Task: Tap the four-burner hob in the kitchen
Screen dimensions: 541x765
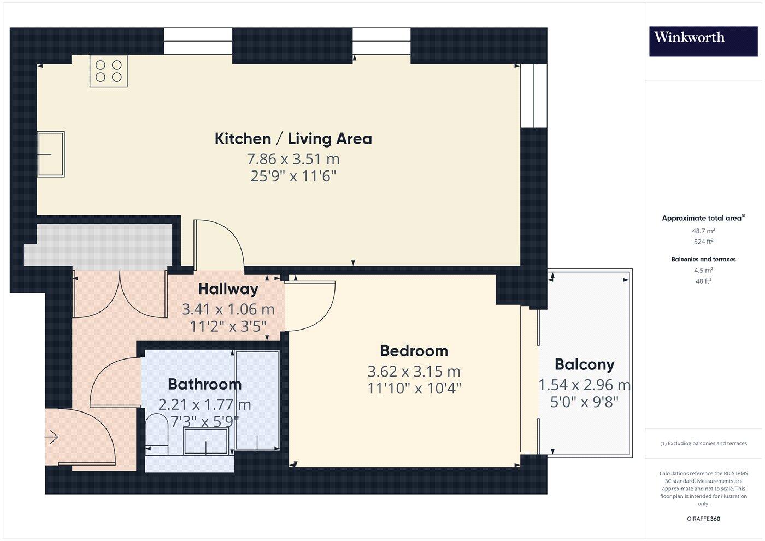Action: point(108,71)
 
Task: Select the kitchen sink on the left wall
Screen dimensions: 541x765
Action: point(51,154)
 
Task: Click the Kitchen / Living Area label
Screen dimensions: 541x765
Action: point(293,139)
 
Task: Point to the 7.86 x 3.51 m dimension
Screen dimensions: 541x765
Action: point(293,160)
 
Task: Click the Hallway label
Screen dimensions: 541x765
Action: point(228,289)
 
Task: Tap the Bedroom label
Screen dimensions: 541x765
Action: point(414,351)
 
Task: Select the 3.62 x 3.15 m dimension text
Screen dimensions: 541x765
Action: point(414,372)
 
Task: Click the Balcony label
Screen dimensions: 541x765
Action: point(584,364)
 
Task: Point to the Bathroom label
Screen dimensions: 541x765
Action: point(204,384)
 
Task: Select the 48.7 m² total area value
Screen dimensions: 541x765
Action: point(703,231)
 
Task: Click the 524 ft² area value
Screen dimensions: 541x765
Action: point(703,242)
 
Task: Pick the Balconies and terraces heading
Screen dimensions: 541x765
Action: point(703,260)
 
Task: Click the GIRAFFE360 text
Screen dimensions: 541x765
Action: point(703,519)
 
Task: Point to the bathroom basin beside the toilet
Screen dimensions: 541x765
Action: point(205,441)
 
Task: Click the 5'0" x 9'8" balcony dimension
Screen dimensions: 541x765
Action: point(584,402)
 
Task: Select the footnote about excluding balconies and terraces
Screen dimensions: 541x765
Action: point(703,443)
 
